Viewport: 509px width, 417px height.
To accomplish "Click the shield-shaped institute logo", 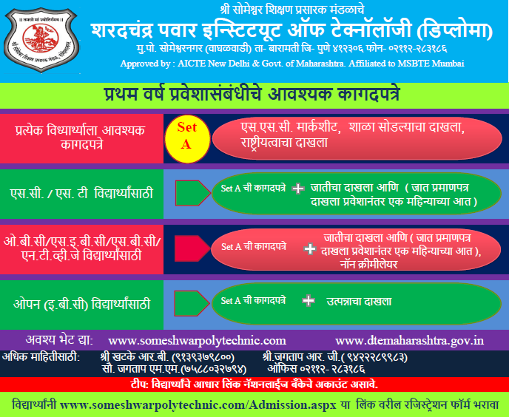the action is click(41, 40).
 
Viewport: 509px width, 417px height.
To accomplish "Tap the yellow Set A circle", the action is click(187, 138).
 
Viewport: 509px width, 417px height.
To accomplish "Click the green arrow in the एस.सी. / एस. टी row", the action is click(193, 193).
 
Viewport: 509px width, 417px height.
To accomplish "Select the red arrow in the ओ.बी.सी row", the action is click(192, 248).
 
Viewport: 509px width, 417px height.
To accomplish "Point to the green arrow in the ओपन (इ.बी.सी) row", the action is click(192, 303).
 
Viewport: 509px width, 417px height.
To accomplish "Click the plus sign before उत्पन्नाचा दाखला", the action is click(308, 300).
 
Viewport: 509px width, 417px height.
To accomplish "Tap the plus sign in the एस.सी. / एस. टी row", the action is click(297, 189).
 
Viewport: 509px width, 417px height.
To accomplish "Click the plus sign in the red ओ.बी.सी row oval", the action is click(310, 249).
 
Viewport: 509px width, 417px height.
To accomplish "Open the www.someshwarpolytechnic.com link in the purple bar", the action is click(197, 341).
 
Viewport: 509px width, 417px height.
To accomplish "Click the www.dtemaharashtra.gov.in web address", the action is click(409, 341).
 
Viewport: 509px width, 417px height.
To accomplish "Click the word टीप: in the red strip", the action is click(140, 385).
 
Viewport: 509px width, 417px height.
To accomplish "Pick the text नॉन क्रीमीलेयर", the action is click(368, 265).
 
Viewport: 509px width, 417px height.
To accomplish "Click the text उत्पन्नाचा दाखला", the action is click(359, 302).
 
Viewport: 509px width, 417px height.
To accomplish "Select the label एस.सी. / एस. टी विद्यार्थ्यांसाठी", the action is click(81, 194).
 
